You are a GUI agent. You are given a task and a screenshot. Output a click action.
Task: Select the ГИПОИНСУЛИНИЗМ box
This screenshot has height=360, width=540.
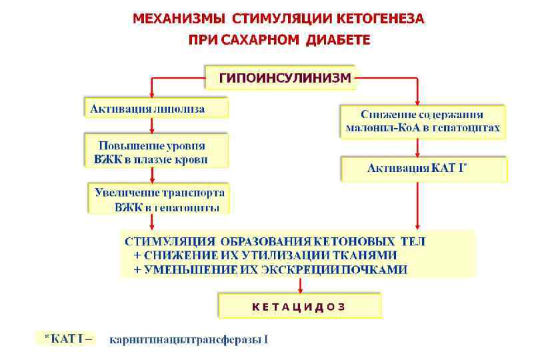(x=281, y=78)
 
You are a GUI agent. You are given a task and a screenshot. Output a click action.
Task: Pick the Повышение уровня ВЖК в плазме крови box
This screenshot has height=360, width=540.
(x=155, y=152)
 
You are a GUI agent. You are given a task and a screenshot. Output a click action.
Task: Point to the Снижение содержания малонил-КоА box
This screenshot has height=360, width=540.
(x=423, y=121)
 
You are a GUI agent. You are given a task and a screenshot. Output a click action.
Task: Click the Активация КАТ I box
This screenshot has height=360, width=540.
(x=424, y=169)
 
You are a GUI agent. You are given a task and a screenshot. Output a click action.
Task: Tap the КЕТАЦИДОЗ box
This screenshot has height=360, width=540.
(x=300, y=307)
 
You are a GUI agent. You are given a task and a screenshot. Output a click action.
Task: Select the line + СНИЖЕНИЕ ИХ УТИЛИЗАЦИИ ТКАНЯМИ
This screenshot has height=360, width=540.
(x=265, y=255)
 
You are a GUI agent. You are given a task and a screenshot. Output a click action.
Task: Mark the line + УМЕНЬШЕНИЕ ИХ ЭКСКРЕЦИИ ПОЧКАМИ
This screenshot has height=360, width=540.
(x=270, y=269)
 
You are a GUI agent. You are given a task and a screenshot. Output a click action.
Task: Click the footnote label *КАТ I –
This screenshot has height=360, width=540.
(x=67, y=339)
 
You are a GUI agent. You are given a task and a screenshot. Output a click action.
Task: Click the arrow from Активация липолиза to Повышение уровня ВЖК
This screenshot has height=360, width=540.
(x=152, y=125)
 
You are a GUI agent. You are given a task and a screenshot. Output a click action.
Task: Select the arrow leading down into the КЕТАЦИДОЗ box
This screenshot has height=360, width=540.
(x=301, y=285)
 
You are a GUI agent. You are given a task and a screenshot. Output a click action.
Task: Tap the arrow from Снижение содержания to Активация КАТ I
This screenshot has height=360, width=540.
(x=417, y=147)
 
